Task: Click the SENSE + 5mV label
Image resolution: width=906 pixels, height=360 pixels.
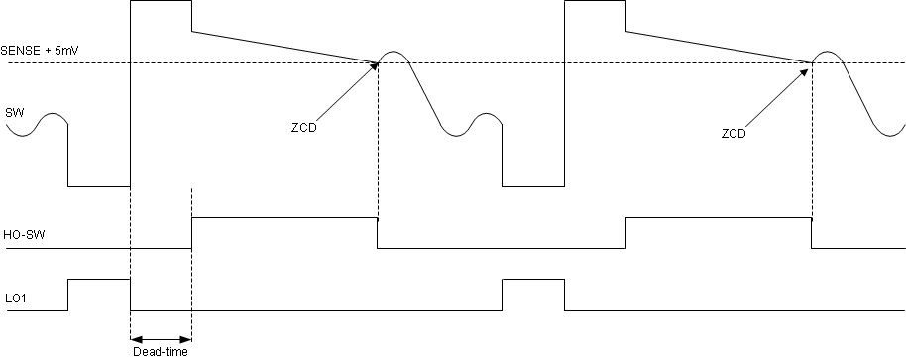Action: point(36,49)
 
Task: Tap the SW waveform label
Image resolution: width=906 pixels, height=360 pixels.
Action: point(14,112)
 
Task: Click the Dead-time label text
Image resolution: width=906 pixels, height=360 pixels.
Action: point(160,350)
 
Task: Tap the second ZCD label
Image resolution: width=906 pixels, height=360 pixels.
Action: point(734,132)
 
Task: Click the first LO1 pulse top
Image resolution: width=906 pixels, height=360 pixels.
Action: point(99,281)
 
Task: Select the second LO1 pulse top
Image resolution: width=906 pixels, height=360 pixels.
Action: point(533,281)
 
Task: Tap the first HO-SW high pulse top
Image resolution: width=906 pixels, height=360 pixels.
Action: point(284,217)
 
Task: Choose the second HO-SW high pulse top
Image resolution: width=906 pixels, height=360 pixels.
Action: point(719,217)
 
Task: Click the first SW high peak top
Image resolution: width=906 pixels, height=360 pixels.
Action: point(161,2)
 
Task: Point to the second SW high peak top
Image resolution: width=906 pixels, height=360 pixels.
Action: point(595,2)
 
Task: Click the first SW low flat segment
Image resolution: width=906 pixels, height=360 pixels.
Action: point(99,185)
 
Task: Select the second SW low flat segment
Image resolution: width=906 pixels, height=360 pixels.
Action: point(533,185)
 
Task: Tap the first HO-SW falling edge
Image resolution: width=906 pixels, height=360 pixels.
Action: point(378,233)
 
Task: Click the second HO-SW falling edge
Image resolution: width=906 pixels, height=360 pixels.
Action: point(812,233)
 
